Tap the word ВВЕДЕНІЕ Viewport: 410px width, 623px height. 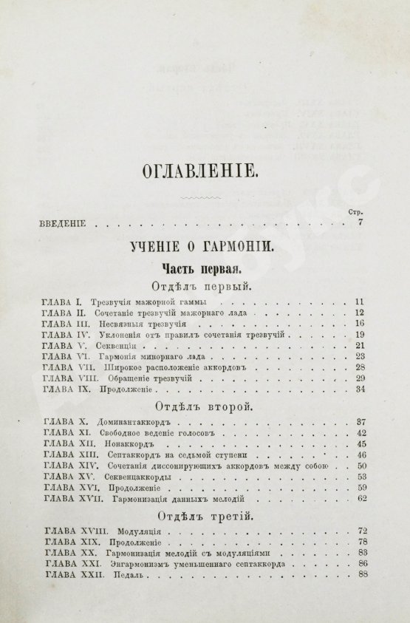coord(63,223)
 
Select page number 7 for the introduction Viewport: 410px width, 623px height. coord(361,223)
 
